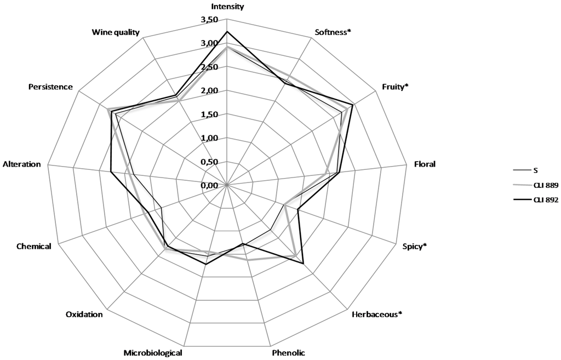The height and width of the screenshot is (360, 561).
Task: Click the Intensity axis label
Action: click(x=227, y=7)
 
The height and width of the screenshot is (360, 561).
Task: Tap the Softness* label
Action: click(x=333, y=32)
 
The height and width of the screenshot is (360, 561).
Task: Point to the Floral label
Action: click(x=425, y=164)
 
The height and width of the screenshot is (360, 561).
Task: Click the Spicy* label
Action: click(x=414, y=247)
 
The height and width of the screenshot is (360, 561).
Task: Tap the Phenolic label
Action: click(x=288, y=352)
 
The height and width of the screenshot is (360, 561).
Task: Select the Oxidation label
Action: click(x=84, y=315)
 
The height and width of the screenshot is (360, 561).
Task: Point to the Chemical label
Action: click(x=33, y=247)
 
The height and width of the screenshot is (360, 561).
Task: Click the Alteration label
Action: click(x=22, y=164)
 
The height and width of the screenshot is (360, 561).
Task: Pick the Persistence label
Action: click(x=50, y=87)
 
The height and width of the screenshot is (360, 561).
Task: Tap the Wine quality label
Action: click(x=116, y=32)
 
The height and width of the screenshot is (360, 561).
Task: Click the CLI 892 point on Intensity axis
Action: click(x=227, y=32)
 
